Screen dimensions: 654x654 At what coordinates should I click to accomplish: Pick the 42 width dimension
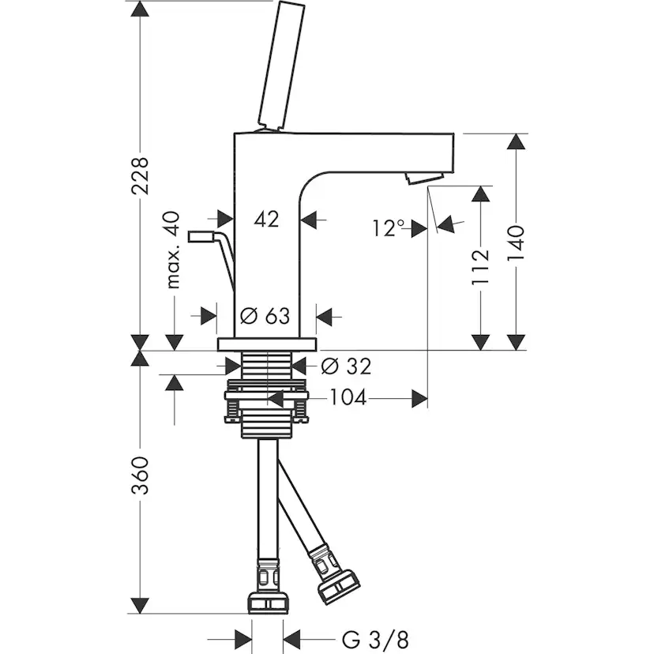coord(267,220)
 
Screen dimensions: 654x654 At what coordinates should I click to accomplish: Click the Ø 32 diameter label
coord(346,366)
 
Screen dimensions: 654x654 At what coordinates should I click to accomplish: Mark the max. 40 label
coord(175,250)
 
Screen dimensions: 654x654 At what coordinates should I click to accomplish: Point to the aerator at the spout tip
coord(419,178)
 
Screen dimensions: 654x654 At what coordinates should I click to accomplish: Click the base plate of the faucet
coord(267,344)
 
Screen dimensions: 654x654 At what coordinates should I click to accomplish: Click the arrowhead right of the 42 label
coord(310,220)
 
